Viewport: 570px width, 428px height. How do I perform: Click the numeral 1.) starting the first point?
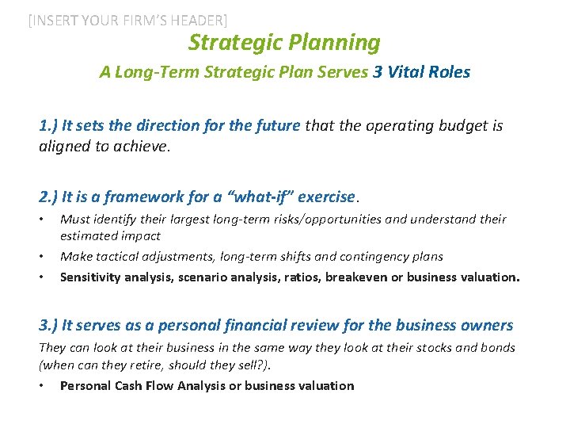pyautogui.click(x=48, y=125)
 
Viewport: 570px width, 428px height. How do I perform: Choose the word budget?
pyautogui.click(x=449, y=125)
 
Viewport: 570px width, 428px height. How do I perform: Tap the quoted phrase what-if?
pyautogui.click(x=256, y=197)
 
